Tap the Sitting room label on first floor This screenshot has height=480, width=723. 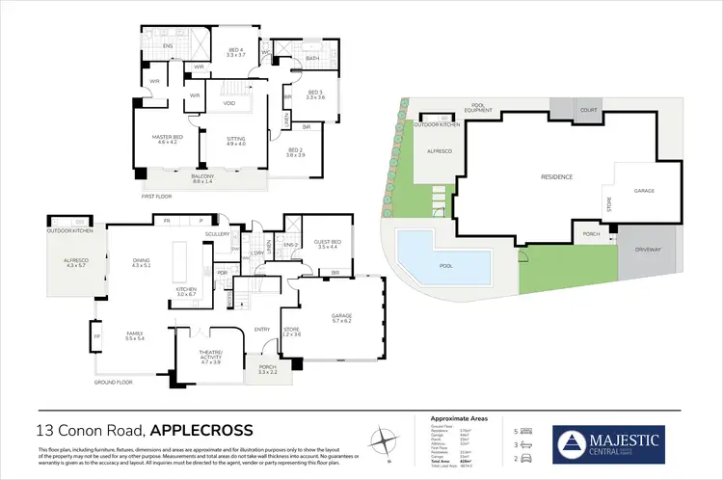(235, 139)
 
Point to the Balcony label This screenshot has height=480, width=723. (201, 177)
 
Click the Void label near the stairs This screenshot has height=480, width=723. (229, 103)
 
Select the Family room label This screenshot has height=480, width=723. (134, 335)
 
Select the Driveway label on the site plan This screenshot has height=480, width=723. (650, 249)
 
